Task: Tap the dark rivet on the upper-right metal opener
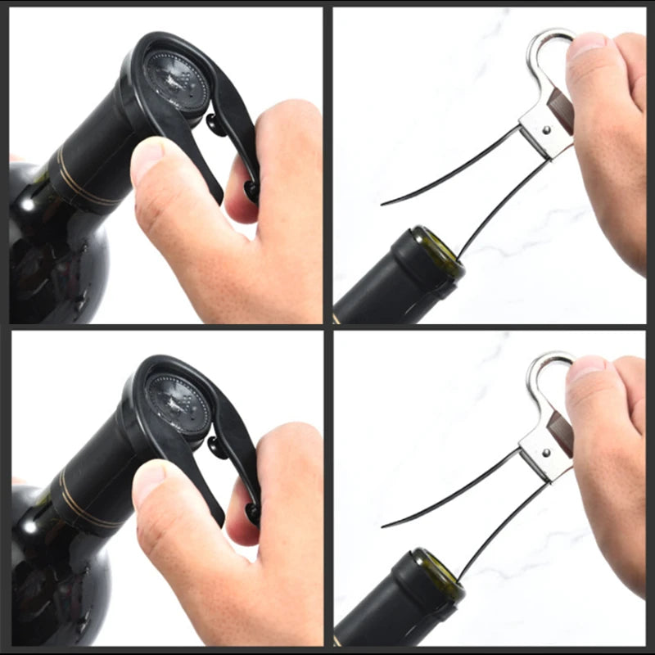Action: (546, 128)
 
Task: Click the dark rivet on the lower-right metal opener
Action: (546, 450)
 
